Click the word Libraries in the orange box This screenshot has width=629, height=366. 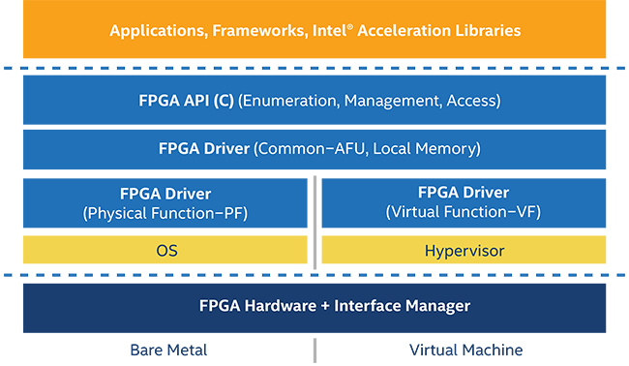tap(488, 31)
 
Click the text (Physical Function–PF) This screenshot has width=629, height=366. tap(166, 212)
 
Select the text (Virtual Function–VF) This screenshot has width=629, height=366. tap(463, 211)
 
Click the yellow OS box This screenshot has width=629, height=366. tap(166, 251)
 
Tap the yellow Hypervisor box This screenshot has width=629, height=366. tap(463, 251)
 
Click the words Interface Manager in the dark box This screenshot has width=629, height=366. tap(402, 306)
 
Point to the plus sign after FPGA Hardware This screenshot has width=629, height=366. tap(322, 306)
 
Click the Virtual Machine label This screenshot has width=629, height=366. tap(465, 350)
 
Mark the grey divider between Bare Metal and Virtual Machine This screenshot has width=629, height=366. tap(314, 350)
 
